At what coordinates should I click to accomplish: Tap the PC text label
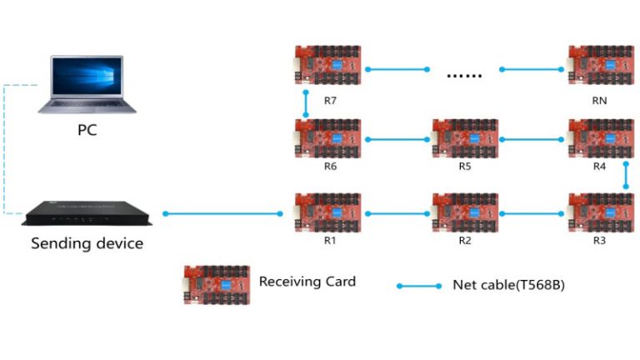[87, 130]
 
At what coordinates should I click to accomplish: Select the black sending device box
[87, 214]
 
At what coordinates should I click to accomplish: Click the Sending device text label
[87, 243]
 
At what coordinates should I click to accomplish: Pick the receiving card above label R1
[328, 212]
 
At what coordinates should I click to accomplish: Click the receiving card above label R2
[464, 212]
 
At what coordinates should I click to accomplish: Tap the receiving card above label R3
[599, 212]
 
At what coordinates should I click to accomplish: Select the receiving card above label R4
[599, 138]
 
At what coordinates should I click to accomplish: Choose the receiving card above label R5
[464, 138]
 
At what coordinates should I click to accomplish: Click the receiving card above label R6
[328, 138]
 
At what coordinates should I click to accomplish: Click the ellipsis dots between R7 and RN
[464, 76]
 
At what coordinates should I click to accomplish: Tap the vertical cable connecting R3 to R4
[625, 176]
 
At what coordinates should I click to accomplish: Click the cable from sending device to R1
[223, 214]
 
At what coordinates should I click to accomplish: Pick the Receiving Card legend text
[307, 282]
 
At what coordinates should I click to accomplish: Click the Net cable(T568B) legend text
[508, 285]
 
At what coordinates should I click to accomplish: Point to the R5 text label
[464, 167]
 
